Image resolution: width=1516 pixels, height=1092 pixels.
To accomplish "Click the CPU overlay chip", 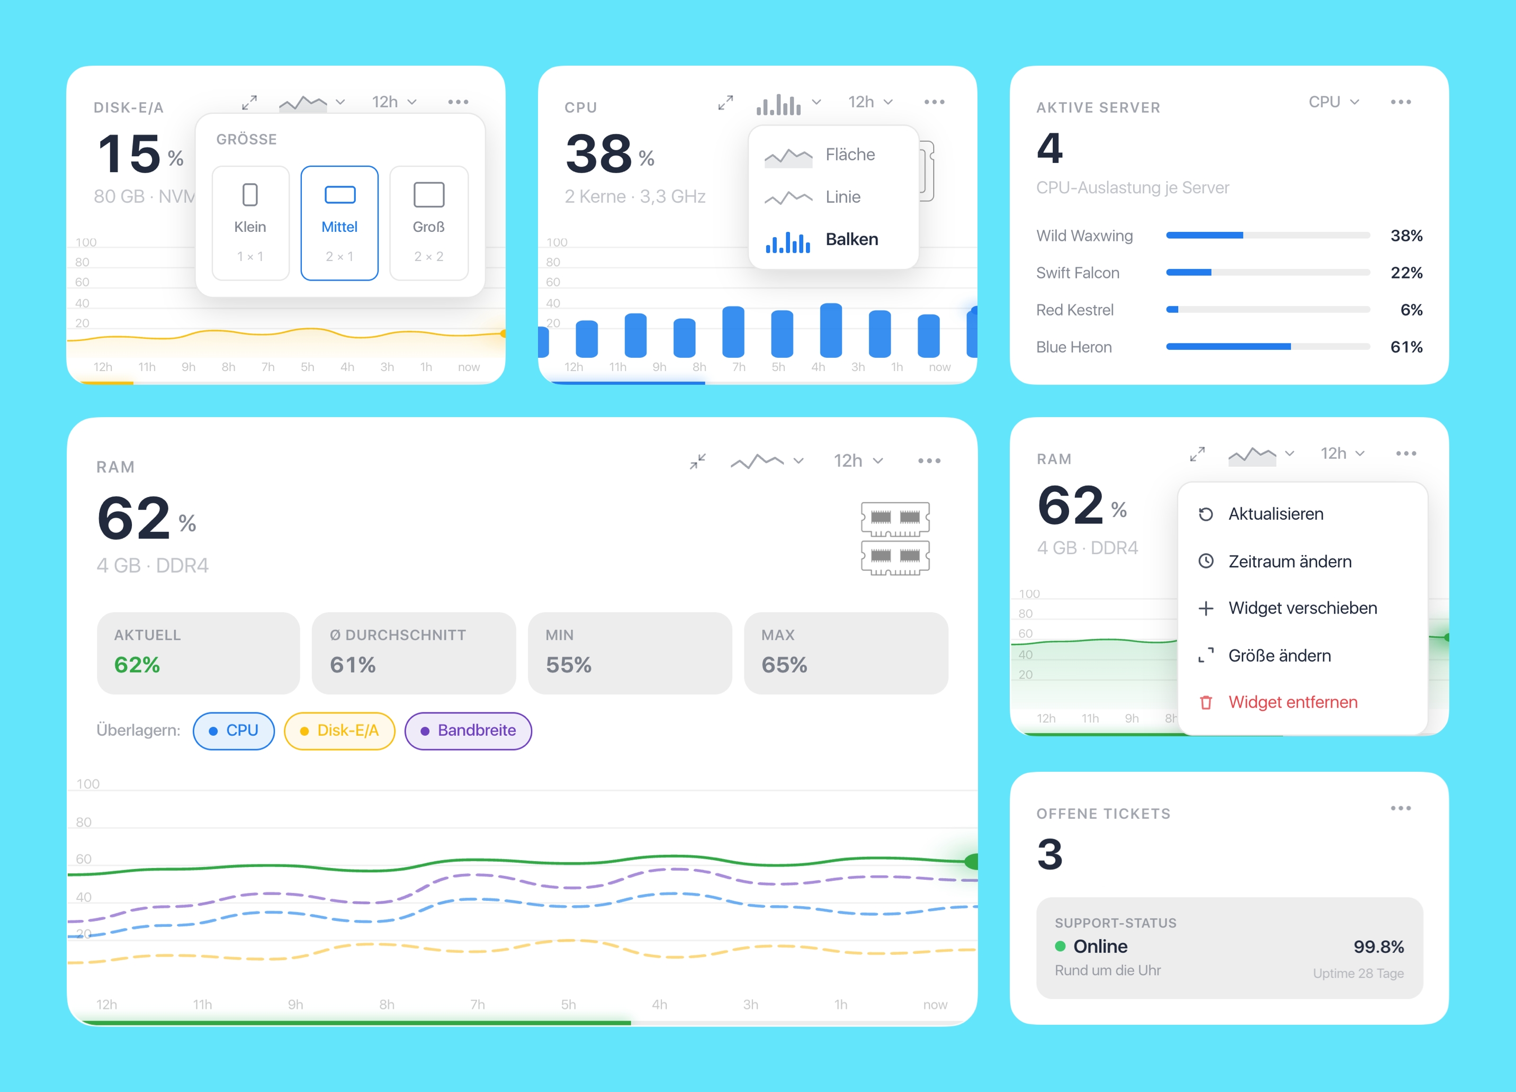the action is pos(234,731).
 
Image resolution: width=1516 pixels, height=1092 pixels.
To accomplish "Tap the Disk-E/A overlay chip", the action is pos(339,731).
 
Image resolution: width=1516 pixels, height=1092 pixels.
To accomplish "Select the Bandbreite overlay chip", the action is pos(468,731).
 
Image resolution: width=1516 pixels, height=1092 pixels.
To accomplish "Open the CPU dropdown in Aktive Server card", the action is pos(1333,102).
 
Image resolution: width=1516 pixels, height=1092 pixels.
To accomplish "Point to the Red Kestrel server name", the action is pos(1075,310).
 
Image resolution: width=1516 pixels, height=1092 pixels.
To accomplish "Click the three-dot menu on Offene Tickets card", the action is pos(1401,809).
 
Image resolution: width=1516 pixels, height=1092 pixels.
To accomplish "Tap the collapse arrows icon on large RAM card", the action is pos(698,461).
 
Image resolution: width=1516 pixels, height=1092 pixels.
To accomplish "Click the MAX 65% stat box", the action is pos(846,653).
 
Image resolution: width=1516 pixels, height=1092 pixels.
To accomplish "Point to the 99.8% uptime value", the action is pos(1378,947).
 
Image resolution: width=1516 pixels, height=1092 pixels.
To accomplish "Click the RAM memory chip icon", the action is pos(895,538).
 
